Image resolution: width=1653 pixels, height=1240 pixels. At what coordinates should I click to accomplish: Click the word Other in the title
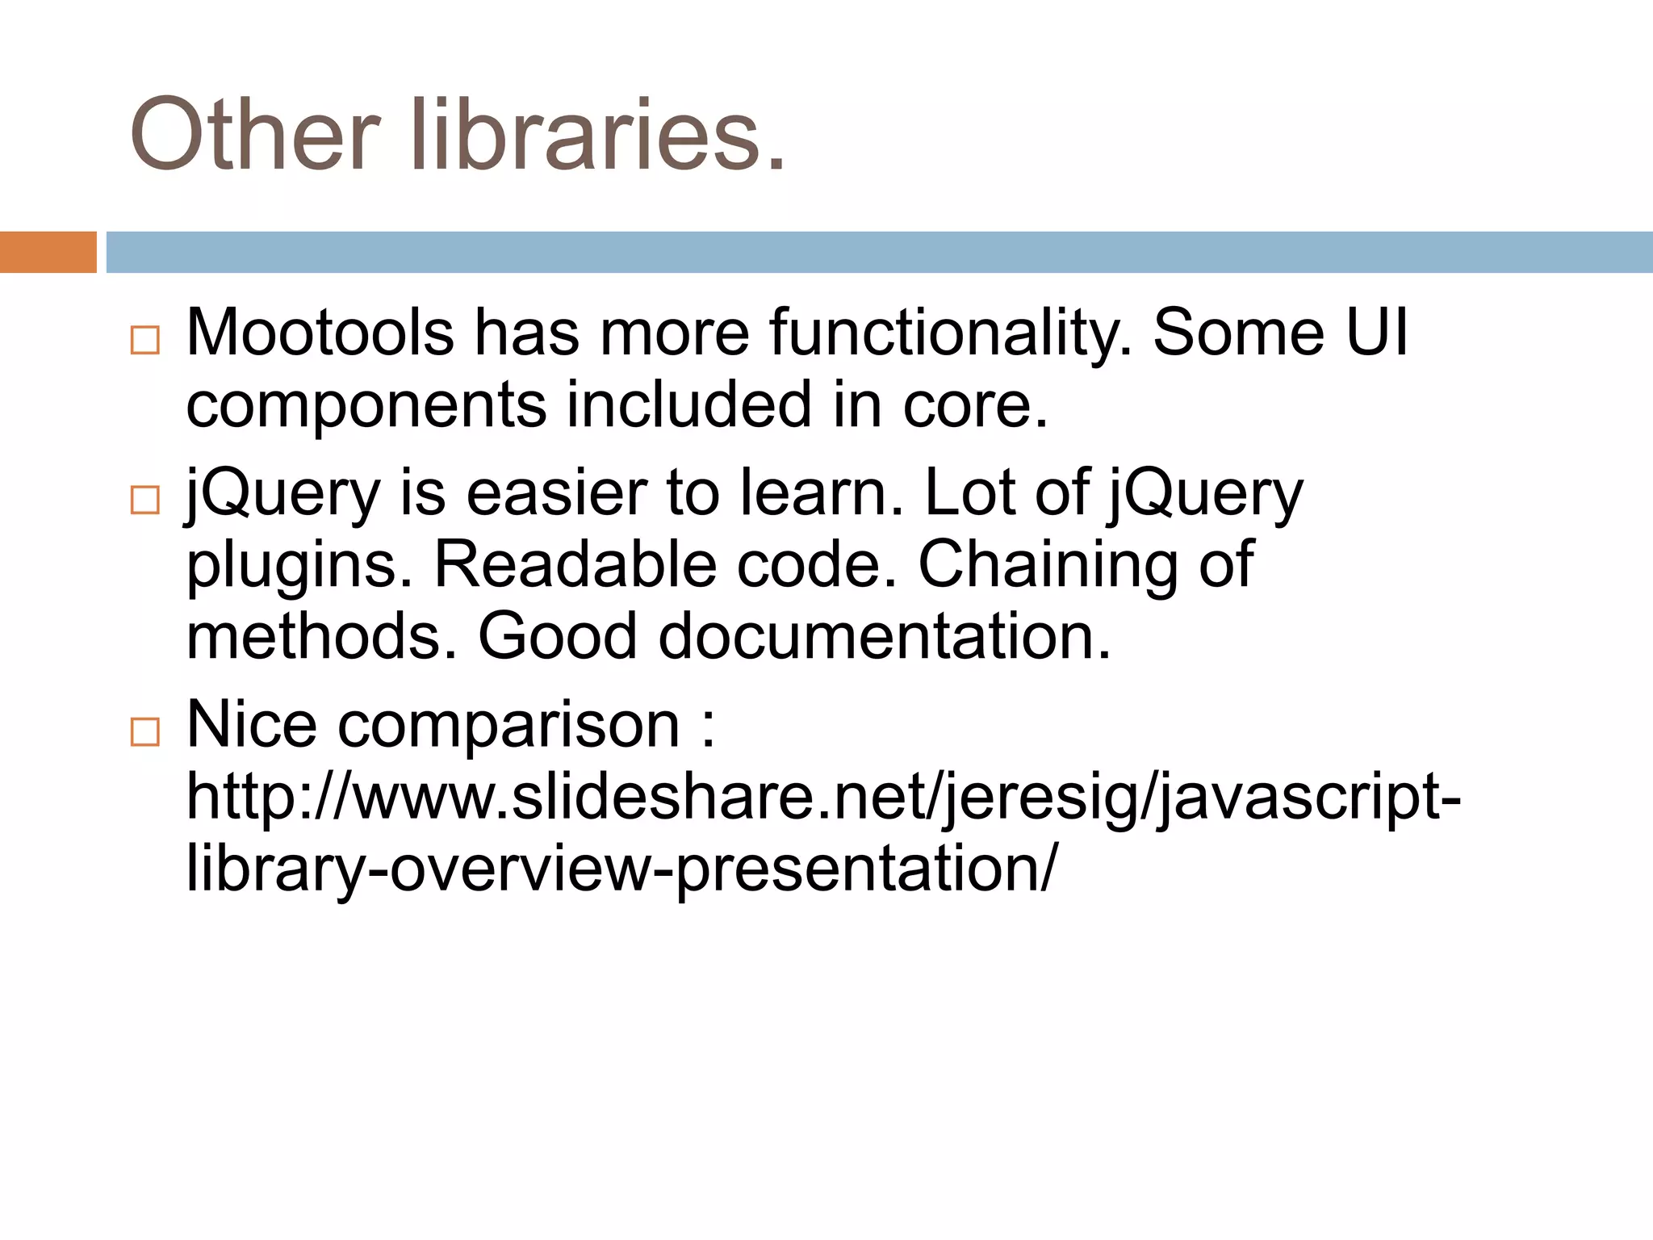(x=254, y=134)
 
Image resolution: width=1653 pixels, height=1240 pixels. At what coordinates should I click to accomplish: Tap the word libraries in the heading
(x=597, y=134)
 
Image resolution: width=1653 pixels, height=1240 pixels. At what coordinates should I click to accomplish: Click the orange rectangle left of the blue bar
(x=48, y=252)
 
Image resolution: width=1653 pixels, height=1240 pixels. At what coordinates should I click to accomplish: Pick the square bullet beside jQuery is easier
(x=145, y=500)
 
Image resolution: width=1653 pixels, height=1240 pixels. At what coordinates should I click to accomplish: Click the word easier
(x=557, y=492)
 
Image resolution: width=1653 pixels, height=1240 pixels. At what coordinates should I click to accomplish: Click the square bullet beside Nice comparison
(x=145, y=732)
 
